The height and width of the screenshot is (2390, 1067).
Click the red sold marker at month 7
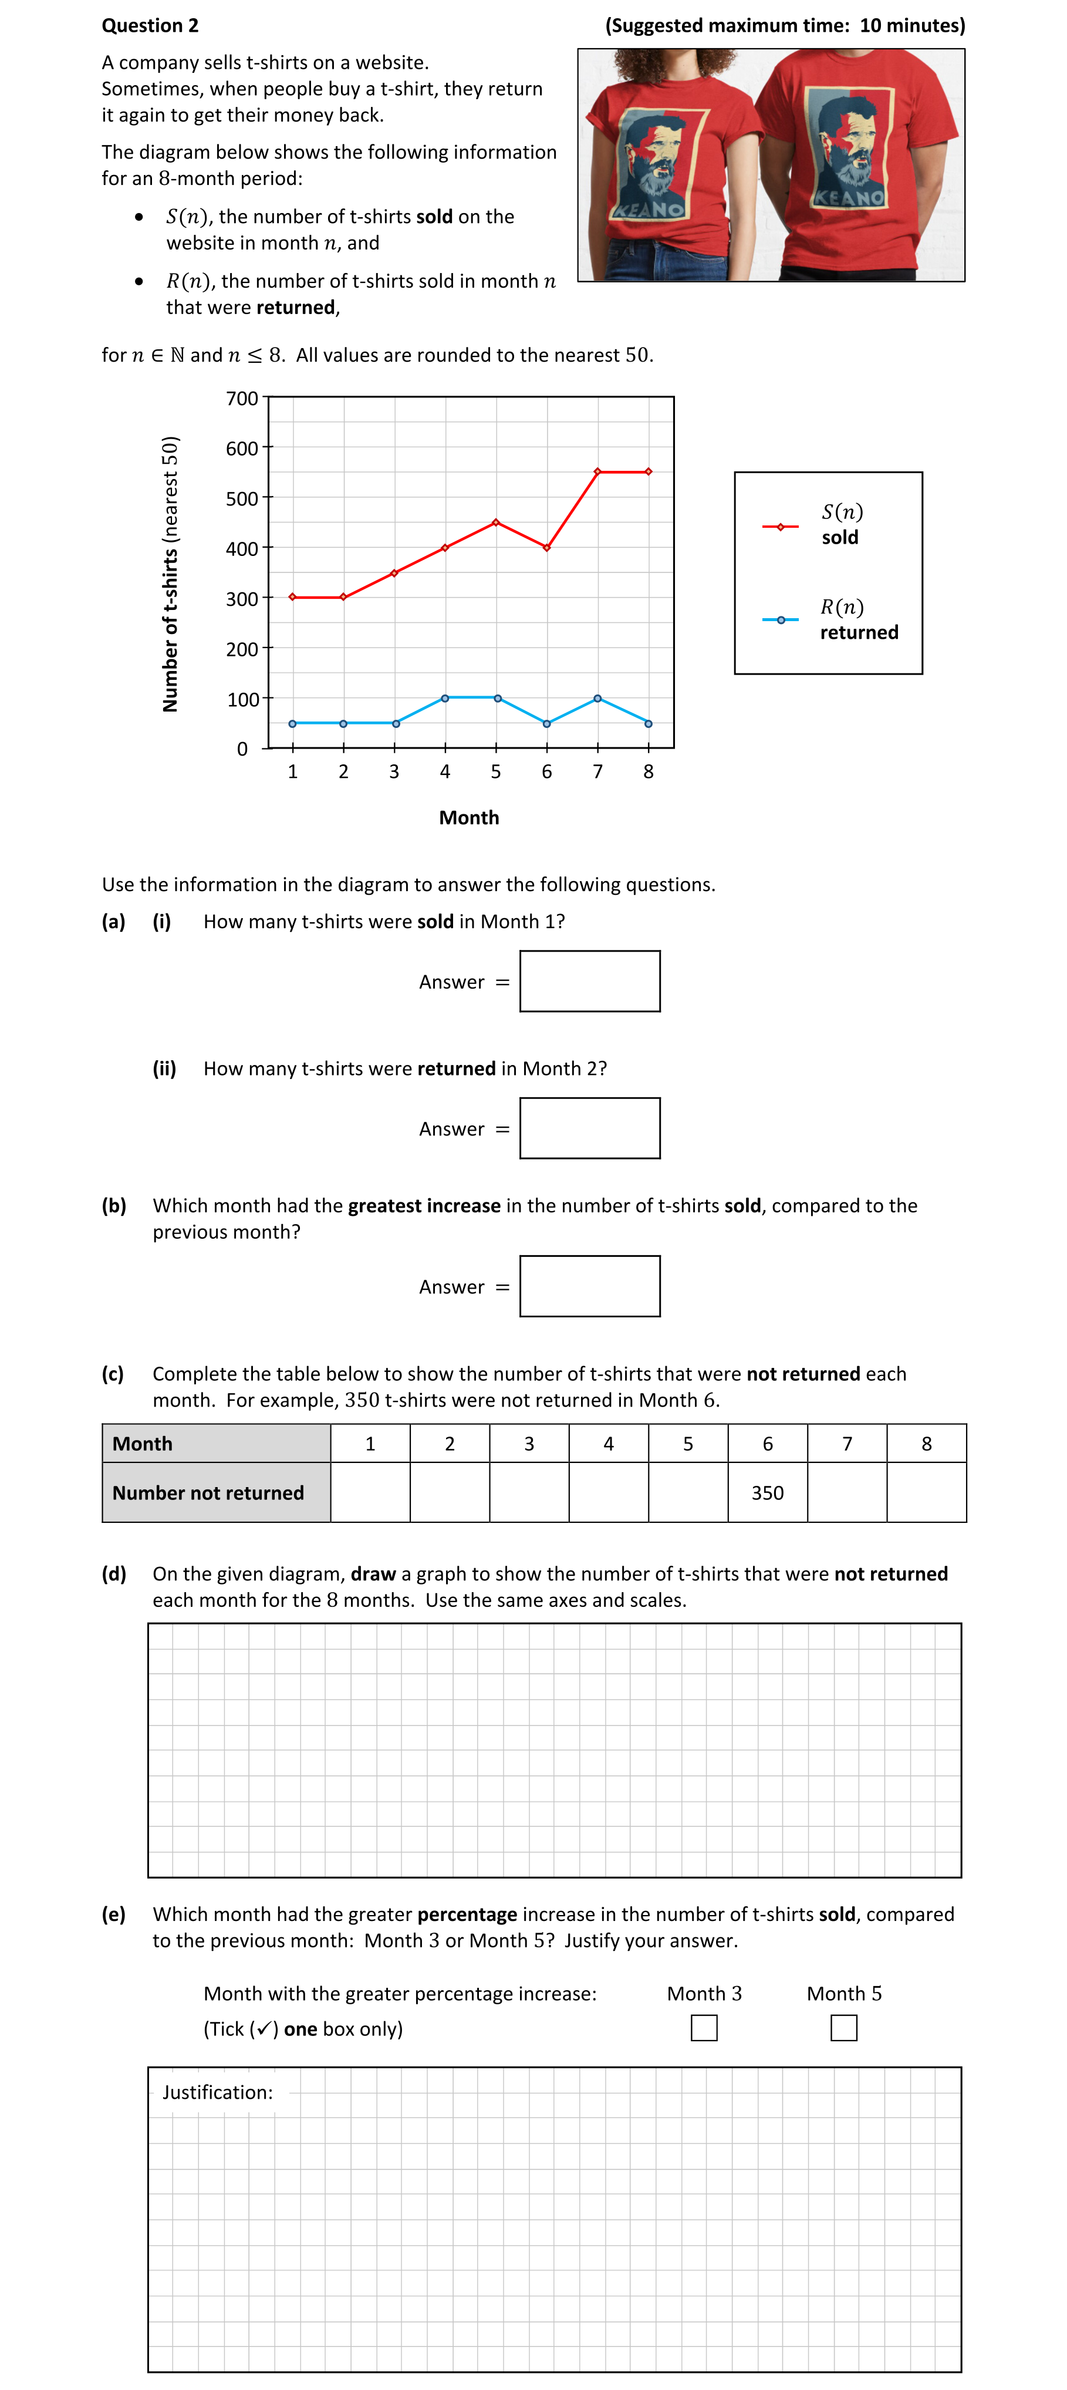click(597, 471)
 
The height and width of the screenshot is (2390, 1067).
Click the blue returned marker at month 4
click(445, 697)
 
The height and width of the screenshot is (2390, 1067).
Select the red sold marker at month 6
click(546, 547)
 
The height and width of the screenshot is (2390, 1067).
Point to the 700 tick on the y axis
click(242, 398)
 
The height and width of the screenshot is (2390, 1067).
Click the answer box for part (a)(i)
click(589, 980)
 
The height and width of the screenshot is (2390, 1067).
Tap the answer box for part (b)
click(589, 1286)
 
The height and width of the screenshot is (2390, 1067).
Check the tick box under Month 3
click(704, 2028)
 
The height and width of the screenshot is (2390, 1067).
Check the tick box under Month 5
click(843, 2028)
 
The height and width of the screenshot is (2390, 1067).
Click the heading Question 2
click(150, 25)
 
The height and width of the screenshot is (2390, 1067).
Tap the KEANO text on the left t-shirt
click(650, 210)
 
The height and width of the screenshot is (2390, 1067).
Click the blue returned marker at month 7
click(597, 697)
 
